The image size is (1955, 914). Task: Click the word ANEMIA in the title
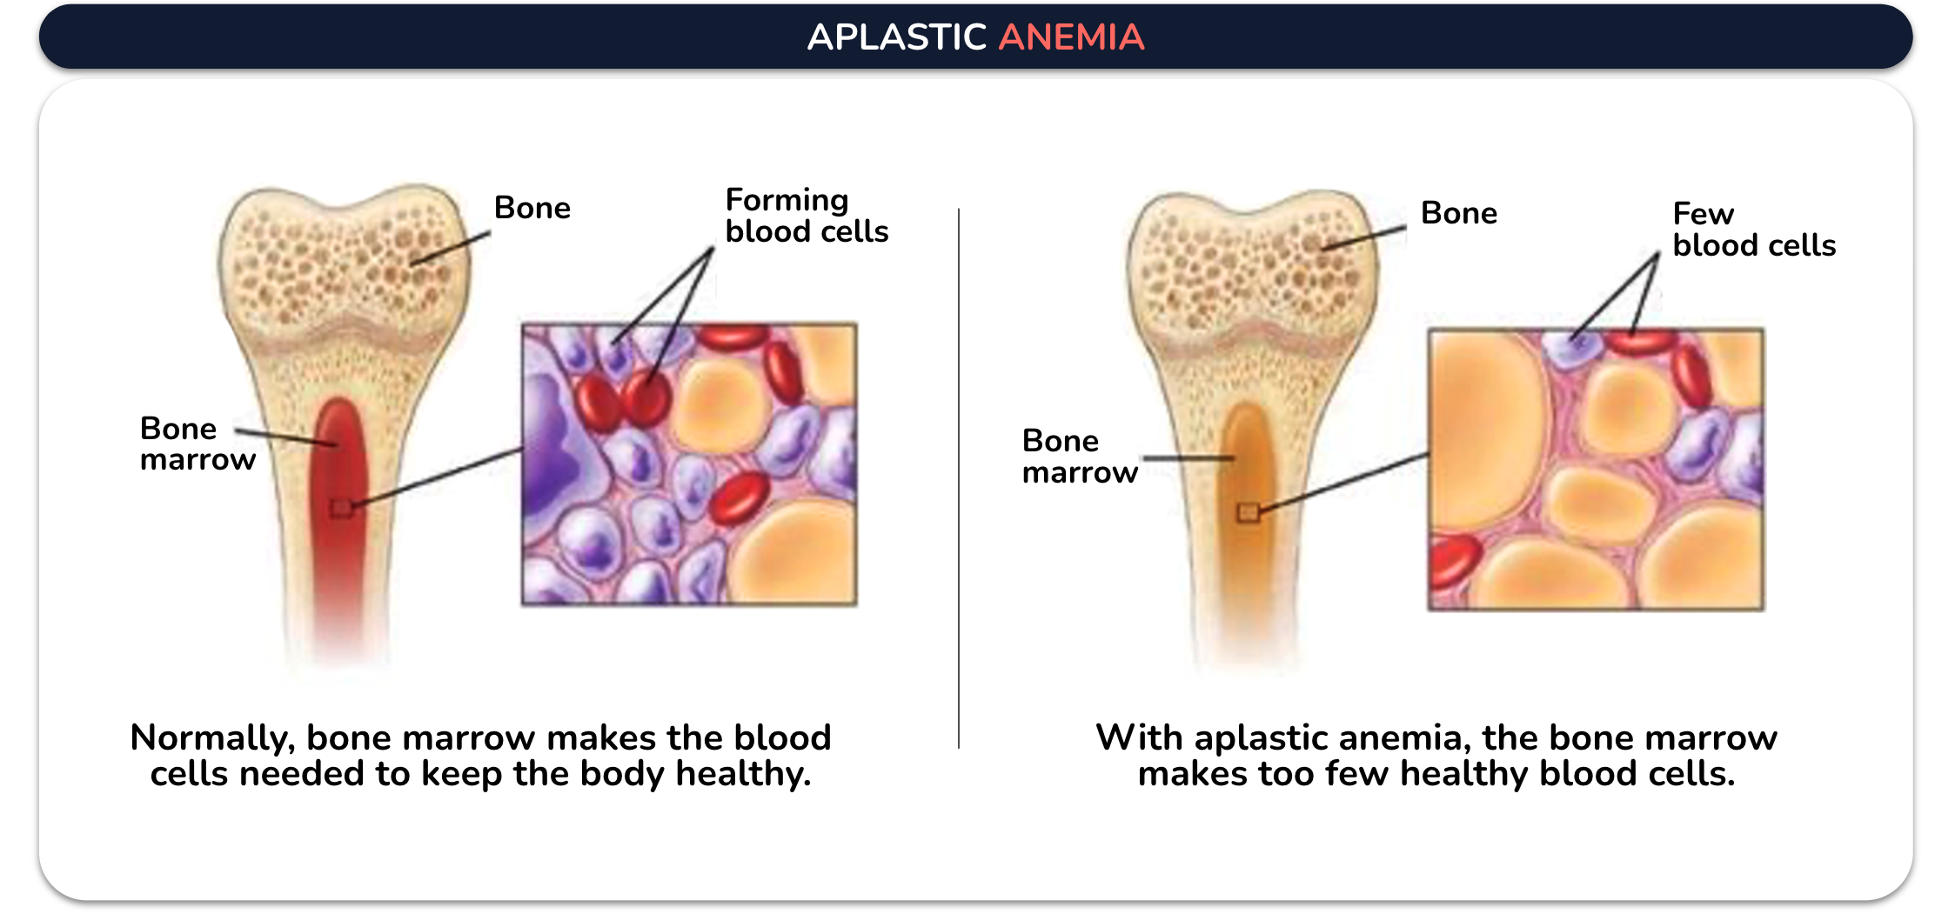pos(1071,37)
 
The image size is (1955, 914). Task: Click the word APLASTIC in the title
pos(897,37)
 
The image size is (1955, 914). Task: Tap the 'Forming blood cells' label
pos(807,216)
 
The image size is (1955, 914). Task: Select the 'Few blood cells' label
pos(1754,230)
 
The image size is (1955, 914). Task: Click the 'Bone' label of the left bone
pos(532,208)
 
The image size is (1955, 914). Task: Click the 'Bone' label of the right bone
pos(1459,213)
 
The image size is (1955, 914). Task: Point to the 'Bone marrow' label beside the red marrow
pos(198,444)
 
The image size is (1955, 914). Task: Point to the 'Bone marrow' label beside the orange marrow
pos(1080,457)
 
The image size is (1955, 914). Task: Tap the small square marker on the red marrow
pos(342,508)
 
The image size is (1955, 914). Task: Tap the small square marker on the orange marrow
pos(1249,512)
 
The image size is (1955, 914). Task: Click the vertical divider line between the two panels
pos(959,478)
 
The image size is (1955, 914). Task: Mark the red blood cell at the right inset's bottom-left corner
pos(1453,561)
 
